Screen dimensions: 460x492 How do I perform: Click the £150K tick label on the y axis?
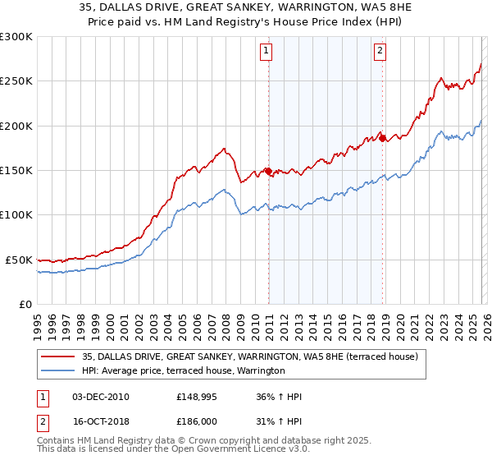pyautogui.click(x=16, y=171)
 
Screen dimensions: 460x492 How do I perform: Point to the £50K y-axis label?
pyautogui.click(x=19, y=260)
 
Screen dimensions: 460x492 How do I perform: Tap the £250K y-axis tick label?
pyautogui.click(x=16, y=81)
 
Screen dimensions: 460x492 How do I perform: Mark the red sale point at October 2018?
pyautogui.click(x=382, y=138)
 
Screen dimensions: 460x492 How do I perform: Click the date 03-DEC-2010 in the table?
pyautogui.click(x=100, y=396)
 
